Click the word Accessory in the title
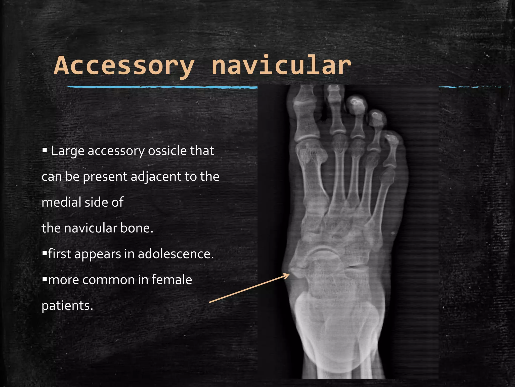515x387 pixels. tap(124, 66)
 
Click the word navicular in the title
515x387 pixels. tap(281, 66)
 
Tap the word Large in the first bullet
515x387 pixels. tap(67, 151)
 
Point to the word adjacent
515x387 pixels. tap(156, 177)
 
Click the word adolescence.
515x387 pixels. tap(176, 254)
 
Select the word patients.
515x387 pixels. tap(67, 306)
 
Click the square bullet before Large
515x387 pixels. tap(45, 150)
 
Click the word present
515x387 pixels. tap(105, 177)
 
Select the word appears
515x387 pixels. tap(98, 254)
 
